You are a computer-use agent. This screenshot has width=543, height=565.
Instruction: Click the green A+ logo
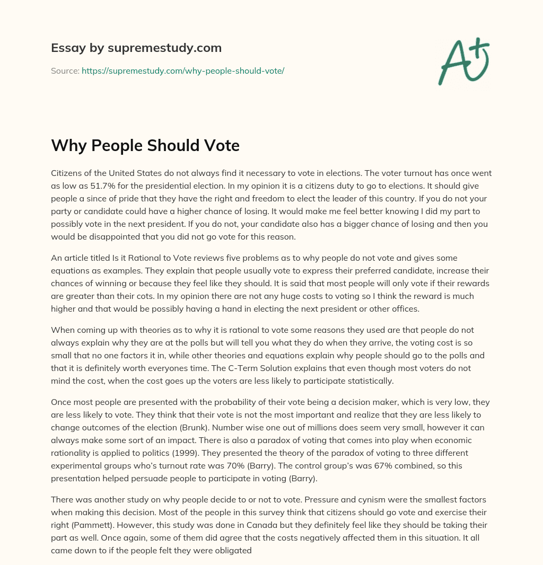click(463, 61)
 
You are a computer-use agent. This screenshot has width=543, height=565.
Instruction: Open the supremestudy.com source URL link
click(183, 70)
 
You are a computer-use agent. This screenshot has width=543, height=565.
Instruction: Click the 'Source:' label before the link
click(65, 70)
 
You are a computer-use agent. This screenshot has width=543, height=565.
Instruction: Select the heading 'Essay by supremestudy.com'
click(136, 48)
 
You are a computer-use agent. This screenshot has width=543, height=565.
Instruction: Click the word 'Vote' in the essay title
click(219, 145)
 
